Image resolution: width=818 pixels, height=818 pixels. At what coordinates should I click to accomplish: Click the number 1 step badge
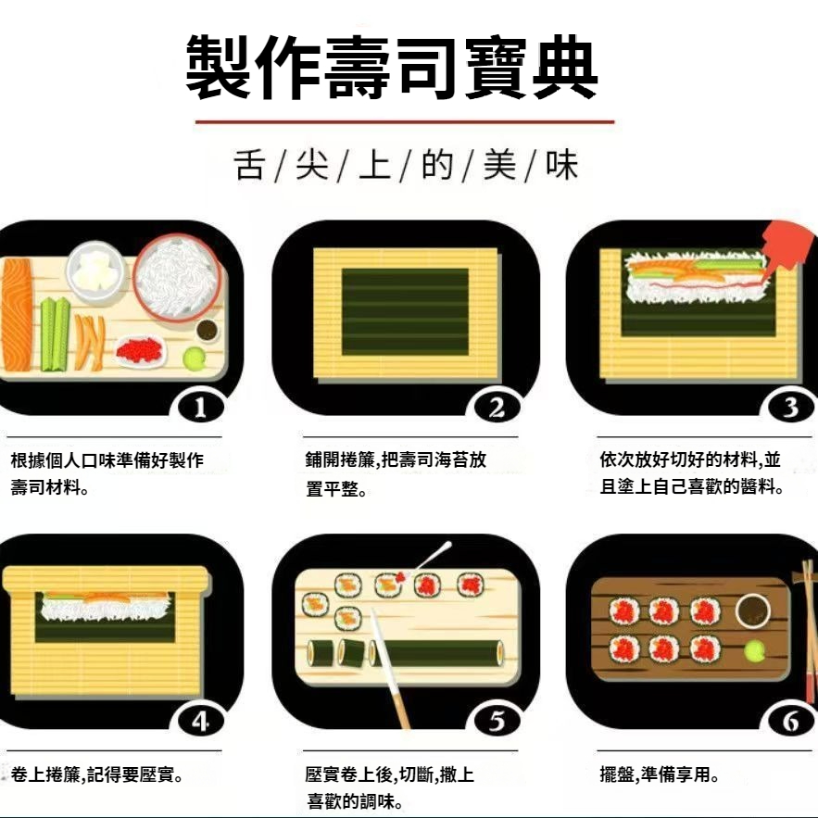coord(201,408)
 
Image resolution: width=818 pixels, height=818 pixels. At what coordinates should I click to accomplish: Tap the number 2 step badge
coord(497,408)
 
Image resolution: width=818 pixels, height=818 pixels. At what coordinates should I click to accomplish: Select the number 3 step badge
coord(791,408)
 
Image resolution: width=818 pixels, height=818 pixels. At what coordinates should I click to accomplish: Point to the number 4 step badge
coord(201,722)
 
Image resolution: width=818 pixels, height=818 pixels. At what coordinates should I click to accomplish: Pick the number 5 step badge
coord(497,722)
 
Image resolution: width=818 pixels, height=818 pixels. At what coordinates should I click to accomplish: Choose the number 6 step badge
coord(791,722)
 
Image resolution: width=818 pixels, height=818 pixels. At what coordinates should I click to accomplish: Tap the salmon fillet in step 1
coord(18,314)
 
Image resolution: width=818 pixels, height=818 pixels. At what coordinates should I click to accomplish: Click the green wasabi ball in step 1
coord(194,358)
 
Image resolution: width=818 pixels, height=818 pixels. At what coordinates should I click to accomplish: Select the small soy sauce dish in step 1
coord(208,330)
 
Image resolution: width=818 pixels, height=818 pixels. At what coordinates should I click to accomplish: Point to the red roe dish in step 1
coord(140,350)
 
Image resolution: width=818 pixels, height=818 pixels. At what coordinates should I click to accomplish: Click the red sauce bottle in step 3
coord(787,245)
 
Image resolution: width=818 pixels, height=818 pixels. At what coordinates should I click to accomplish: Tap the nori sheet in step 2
coord(406,311)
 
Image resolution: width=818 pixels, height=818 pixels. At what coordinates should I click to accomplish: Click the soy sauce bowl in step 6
coord(753,610)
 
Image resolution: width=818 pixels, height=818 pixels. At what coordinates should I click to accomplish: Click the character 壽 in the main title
coord(358,68)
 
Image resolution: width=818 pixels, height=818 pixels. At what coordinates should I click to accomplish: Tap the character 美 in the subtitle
coord(499,165)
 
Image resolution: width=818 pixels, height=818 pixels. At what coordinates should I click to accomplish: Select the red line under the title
coord(405,122)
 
